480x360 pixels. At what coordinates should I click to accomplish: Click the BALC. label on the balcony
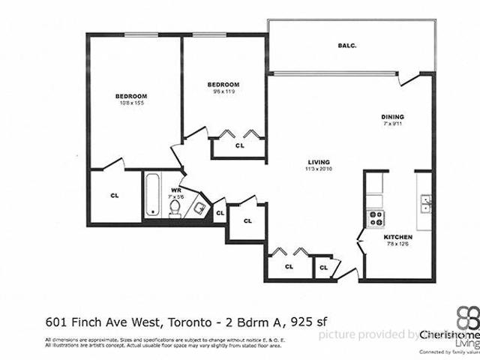click(x=347, y=46)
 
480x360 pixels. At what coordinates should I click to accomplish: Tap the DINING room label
click(x=392, y=117)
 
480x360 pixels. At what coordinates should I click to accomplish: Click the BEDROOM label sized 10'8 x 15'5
click(x=130, y=96)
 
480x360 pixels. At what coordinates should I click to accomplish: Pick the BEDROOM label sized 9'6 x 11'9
click(x=223, y=84)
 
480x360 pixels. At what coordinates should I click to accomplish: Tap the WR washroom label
click(x=176, y=190)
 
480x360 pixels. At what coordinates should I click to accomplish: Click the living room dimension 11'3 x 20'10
click(x=319, y=170)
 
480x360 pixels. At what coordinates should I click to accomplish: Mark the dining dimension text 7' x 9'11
click(x=392, y=124)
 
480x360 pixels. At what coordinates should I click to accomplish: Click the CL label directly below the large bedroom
click(x=115, y=196)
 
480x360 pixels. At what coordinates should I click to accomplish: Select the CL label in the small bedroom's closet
click(x=240, y=146)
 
